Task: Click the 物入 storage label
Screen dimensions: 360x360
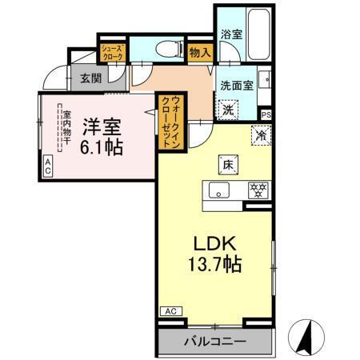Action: (x=200, y=53)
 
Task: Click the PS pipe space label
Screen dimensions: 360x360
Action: (x=266, y=114)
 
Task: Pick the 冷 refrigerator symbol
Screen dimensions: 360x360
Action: (x=260, y=135)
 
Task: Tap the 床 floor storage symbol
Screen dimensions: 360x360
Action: (x=227, y=165)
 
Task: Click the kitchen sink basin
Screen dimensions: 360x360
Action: (x=220, y=190)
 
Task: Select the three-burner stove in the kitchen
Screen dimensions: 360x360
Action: (x=258, y=190)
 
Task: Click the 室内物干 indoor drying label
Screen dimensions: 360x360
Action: (x=66, y=130)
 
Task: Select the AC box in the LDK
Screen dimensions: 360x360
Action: (x=170, y=311)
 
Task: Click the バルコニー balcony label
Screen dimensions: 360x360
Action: (x=216, y=342)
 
